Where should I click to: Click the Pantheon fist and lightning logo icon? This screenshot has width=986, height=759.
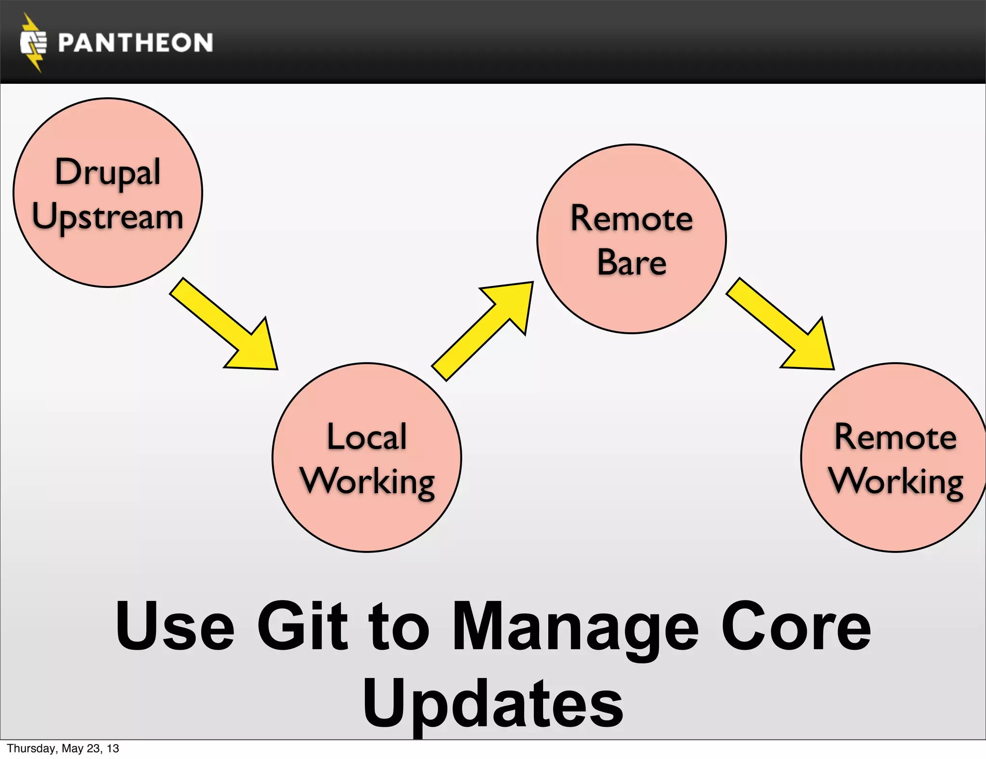[x=33, y=43]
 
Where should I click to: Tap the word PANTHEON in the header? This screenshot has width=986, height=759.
[x=135, y=43]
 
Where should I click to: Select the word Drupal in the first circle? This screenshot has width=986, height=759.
[x=108, y=172]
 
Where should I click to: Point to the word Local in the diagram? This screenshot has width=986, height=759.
[x=367, y=437]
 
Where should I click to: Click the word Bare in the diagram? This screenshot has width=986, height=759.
[x=632, y=263]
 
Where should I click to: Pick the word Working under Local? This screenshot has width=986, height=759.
[x=367, y=482]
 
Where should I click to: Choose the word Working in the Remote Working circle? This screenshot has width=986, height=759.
[x=896, y=482]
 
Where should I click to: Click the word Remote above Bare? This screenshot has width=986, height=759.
[x=632, y=219]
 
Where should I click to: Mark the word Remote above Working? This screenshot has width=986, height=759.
[x=895, y=437]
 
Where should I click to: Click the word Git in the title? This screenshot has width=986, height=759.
[x=302, y=626]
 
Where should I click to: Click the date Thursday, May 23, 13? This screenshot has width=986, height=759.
[x=63, y=748]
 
